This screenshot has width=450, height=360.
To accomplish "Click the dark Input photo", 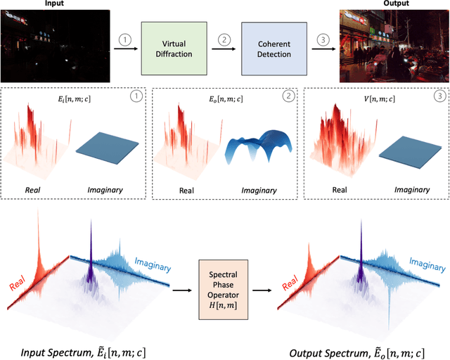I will tap(55, 46).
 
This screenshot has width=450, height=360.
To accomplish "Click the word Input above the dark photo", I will tap(55, 4).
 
